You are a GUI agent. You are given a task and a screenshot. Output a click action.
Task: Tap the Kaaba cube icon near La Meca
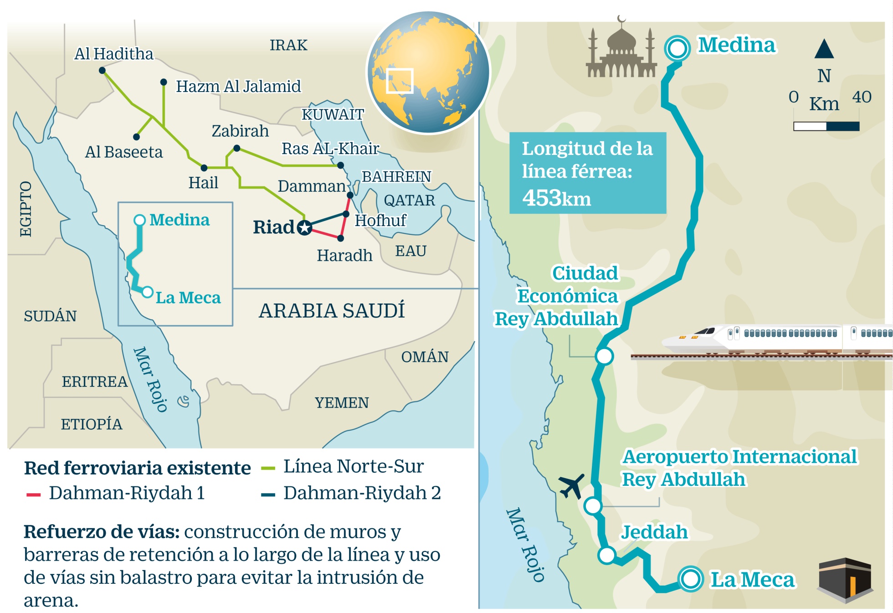pos(845,579)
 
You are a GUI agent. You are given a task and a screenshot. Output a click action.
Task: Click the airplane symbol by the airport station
pos(571,486)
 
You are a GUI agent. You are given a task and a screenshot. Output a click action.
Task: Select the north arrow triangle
pos(824,49)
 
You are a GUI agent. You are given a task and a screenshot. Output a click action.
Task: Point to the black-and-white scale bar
pos(826,126)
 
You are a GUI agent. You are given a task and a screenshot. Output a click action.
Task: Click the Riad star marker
pos(304,227)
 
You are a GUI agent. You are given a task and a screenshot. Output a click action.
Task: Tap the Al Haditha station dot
pos(102,71)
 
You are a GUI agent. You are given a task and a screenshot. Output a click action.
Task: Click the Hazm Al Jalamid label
pos(238,86)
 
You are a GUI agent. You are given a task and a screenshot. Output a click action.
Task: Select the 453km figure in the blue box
pos(556,198)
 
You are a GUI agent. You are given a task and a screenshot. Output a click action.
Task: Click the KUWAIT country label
pos(333,114)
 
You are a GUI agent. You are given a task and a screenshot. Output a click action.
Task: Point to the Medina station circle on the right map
pos(677,48)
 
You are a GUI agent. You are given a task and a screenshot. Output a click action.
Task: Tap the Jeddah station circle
pos(607,555)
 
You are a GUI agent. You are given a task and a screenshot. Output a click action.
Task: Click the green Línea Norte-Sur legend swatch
pos(268,468)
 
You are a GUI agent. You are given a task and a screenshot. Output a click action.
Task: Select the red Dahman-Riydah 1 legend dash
pos(34,495)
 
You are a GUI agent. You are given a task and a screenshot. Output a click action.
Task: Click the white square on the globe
pos(400,81)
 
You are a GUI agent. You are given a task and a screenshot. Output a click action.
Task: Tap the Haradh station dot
pos(340,238)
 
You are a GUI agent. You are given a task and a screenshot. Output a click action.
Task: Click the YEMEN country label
pos(342,403)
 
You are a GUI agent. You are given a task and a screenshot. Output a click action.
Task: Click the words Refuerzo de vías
pos(101,532)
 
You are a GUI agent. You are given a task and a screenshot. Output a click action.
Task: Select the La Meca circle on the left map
pos(147,292)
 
